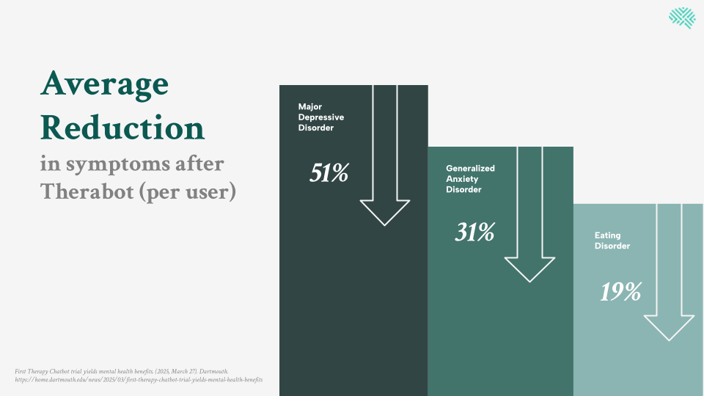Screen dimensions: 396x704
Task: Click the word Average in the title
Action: [104, 84]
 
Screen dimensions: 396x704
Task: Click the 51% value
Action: [329, 173]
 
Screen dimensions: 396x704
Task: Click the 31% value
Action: [474, 232]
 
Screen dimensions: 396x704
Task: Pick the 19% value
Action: [620, 292]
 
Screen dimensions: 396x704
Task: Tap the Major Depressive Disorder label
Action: [320, 117]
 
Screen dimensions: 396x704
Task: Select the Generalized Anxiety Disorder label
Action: [470, 179]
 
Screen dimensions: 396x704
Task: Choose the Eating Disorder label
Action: [612, 241]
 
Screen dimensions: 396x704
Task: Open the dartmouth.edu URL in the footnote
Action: [139, 380]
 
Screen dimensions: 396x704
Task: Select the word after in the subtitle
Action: [199, 164]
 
